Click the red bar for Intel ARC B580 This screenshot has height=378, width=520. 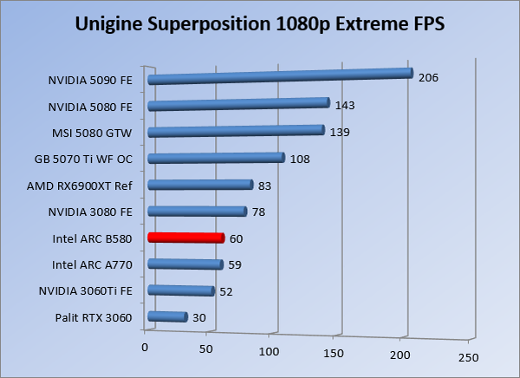[186, 238]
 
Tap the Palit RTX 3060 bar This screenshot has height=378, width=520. [168, 317]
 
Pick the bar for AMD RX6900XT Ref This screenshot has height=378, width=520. [200, 185]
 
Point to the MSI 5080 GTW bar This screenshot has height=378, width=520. [236, 131]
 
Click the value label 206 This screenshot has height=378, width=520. [428, 78]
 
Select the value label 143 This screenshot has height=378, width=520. [346, 106]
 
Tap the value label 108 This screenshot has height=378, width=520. [300, 160]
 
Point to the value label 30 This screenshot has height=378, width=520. [198, 318]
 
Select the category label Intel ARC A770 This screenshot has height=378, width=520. [92, 264]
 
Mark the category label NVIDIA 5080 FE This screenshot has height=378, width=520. [91, 107]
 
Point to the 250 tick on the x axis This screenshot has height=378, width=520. [467, 357]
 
